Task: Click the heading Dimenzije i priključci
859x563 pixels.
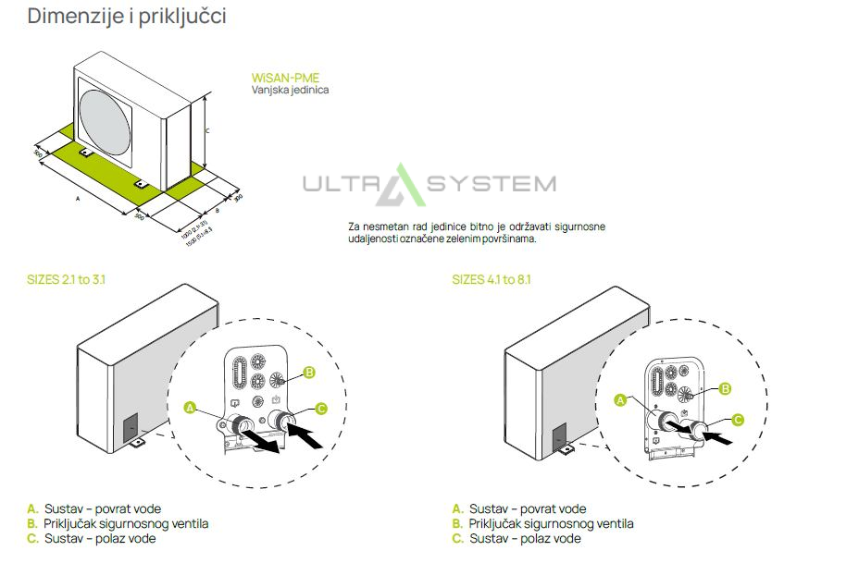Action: pyautogui.click(x=127, y=17)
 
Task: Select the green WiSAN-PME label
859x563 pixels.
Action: pyautogui.click(x=285, y=79)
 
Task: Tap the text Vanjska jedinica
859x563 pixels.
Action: pyautogui.click(x=290, y=91)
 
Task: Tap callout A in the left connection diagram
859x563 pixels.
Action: pyautogui.click(x=191, y=407)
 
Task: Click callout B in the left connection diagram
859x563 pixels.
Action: pyautogui.click(x=310, y=372)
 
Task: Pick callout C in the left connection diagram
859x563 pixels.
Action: pyautogui.click(x=320, y=408)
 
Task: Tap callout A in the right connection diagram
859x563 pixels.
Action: pyautogui.click(x=620, y=400)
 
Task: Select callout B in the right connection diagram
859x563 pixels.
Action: pyautogui.click(x=726, y=389)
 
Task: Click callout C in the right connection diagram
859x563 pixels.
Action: pyautogui.click(x=738, y=420)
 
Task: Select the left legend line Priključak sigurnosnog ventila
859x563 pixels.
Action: pyautogui.click(x=125, y=523)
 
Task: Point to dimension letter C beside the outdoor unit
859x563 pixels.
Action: pyautogui.click(x=207, y=131)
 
